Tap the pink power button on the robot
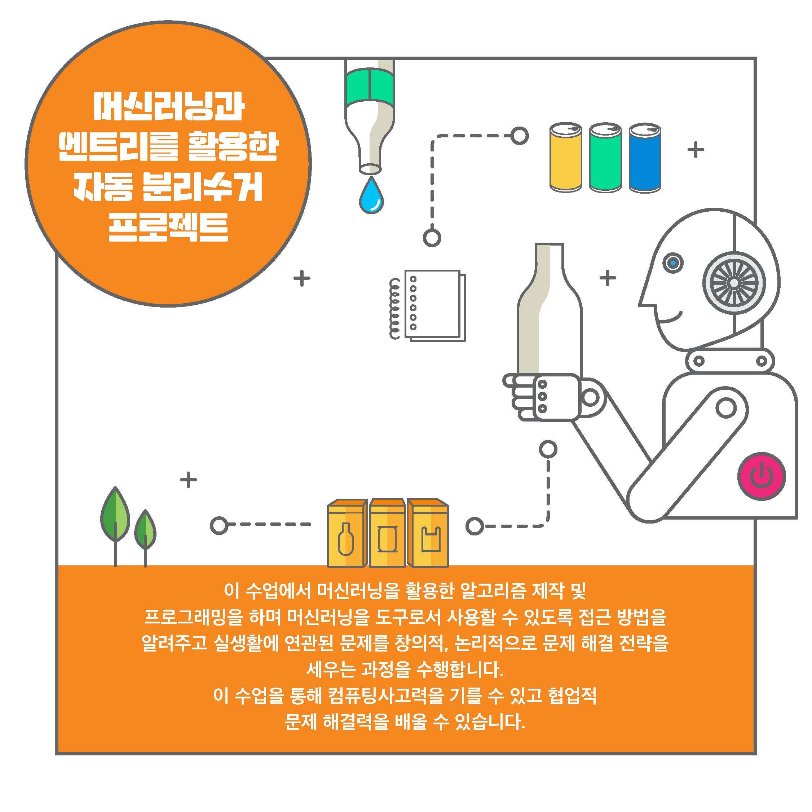762,476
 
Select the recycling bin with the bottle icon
347,533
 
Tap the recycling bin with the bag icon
428,533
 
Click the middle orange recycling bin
387,533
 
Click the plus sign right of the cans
696,149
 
